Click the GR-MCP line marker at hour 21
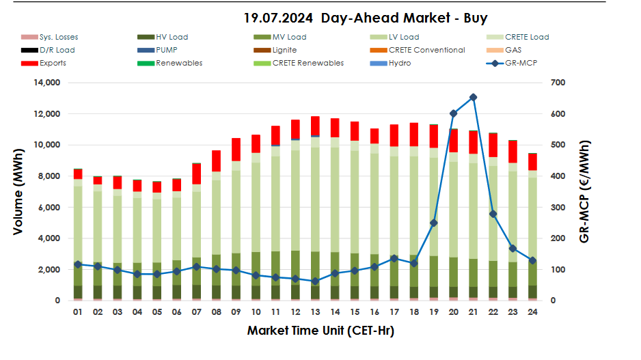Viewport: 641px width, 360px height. coord(473,98)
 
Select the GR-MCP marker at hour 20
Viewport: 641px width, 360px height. coord(453,113)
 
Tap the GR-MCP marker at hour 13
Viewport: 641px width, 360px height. coord(315,281)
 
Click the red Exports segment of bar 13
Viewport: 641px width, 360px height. coord(315,126)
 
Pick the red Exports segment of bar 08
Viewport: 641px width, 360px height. coord(216,161)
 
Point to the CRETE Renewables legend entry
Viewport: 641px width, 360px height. coord(308,64)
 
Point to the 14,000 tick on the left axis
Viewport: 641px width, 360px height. coord(47,83)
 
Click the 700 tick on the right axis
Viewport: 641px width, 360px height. coord(558,83)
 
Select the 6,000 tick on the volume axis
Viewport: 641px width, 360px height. coord(50,207)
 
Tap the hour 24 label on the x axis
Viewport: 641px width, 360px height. coord(532,311)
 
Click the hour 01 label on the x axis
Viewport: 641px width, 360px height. coord(78,311)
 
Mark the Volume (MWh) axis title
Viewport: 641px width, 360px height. coord(18,191)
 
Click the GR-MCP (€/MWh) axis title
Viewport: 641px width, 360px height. coord(584,191)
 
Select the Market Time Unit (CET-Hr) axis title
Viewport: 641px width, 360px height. coord(320,331)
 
